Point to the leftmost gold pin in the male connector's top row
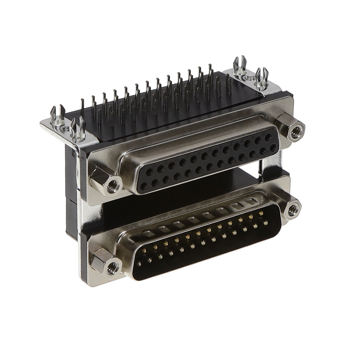click(145, 251)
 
